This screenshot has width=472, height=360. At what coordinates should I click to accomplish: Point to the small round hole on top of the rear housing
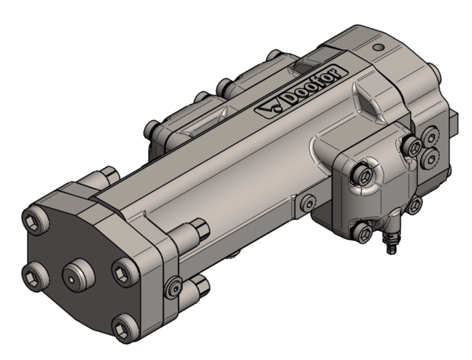[378, 47]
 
